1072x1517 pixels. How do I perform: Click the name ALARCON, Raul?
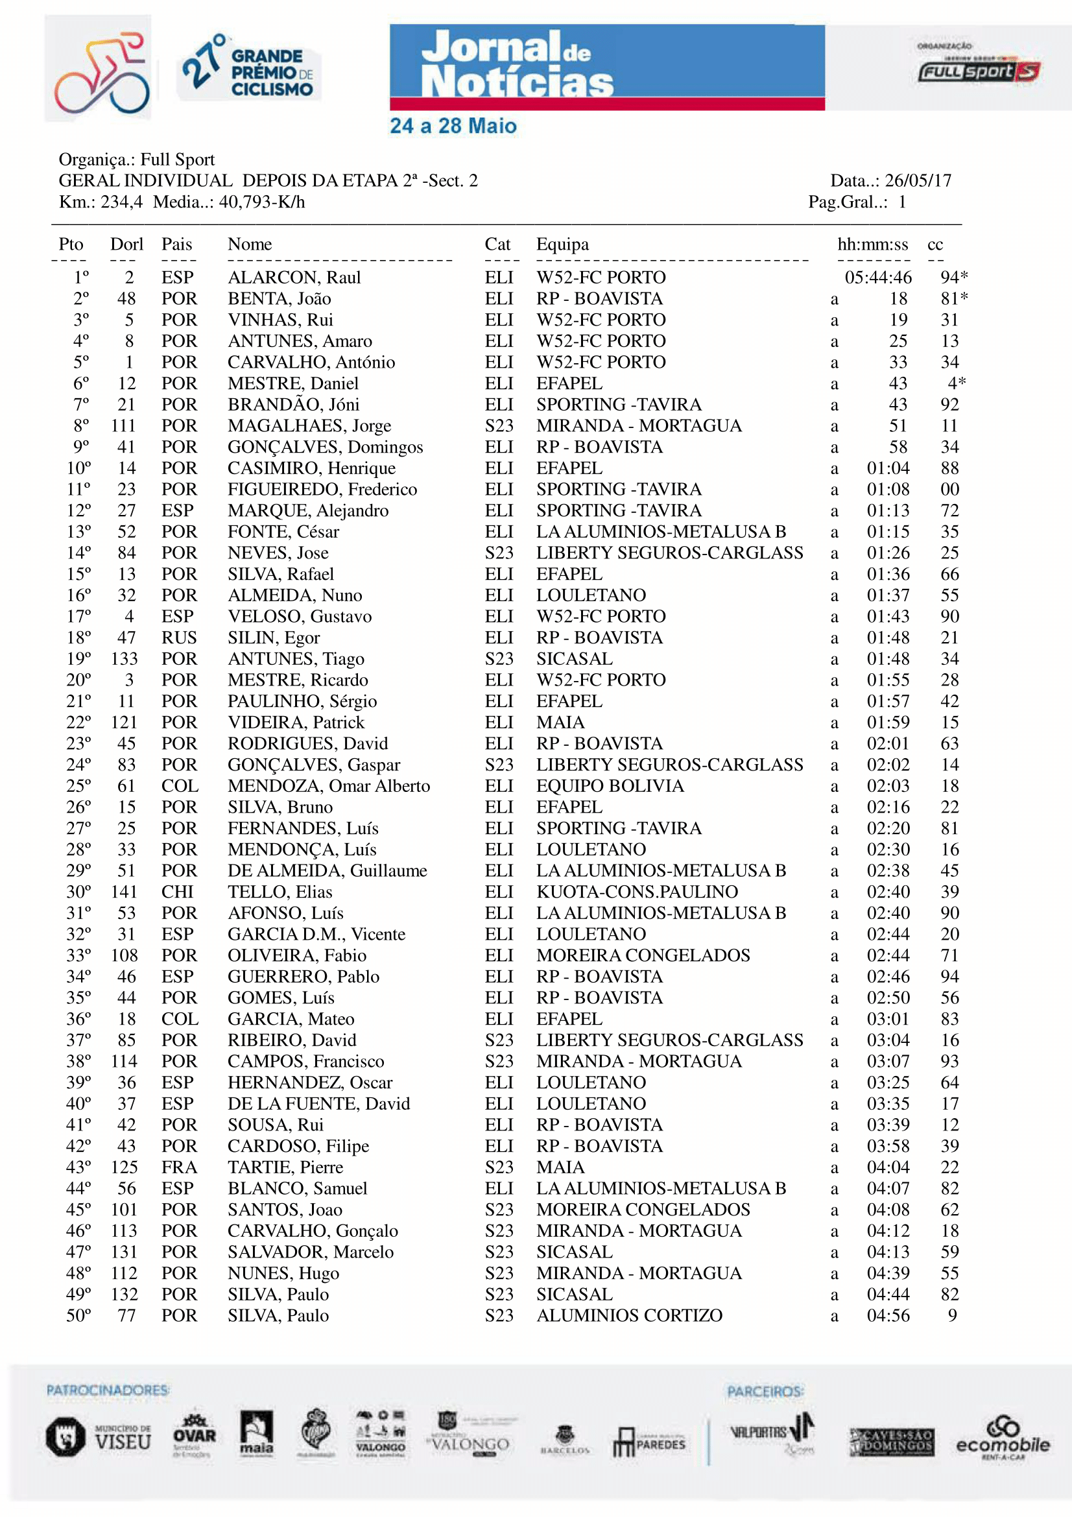(294, 278)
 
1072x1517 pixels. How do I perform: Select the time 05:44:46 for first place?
(878, 278)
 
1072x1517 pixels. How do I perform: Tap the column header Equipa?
(562, 245)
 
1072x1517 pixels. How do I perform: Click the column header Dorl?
(126, 245)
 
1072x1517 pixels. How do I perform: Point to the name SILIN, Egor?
(274, 638)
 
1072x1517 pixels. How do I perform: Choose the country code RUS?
(179, 638)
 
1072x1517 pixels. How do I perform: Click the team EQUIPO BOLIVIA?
(610, 786)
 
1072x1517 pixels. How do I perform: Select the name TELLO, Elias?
(280, 892)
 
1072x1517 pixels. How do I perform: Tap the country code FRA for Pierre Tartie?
(179, 1167)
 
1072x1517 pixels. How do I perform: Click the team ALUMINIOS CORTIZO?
(629, 1315)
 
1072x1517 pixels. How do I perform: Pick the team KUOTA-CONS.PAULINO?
(637, 892)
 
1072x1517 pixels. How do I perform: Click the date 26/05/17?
(918, 181)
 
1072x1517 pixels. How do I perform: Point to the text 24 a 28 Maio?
(453, 126)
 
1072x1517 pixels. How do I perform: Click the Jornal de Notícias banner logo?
(606, 67)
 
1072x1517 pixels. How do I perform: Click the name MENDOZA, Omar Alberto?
(328, 786)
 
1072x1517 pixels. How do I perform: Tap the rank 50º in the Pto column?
(78, 1315)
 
